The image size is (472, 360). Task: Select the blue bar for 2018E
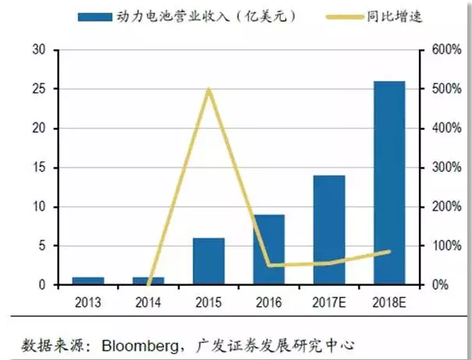[x=389, y=183]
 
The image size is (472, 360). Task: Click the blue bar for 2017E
[x=329, y=230]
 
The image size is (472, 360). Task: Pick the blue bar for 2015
[x=208, y=261]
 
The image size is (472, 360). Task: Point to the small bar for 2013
[x=88, y=280]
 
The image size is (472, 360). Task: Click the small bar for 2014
[x=148, y=280]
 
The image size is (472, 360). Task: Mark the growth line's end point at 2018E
[x=389, y=251]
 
